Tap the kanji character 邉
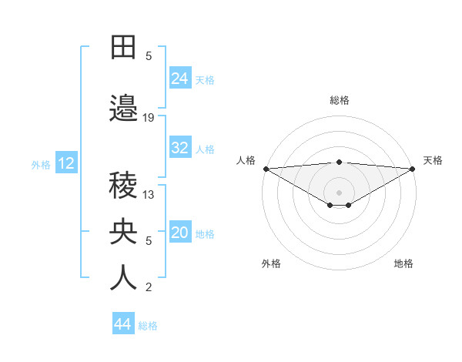(x=124, y=109)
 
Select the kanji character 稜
(x=124, y=186)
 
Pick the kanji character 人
(x=124, y=278)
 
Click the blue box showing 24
(x=180, y=79)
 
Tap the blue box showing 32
(x=180, y=149)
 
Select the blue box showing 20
(x=180, y=233)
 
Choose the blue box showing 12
(x=66, y=163)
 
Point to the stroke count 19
(x=149, y=118)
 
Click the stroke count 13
(x=149, y=195)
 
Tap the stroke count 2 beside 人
(x=149, y=288)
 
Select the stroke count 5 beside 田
(x=149, y=56)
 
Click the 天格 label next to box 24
(x=204, y=79)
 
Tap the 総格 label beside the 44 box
(x=148, y=325)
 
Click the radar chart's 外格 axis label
(x=271, y=264)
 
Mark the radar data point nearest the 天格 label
(x=413, y=169)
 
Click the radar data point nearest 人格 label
(x=266, y=169)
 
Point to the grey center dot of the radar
(x=339, y=192)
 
